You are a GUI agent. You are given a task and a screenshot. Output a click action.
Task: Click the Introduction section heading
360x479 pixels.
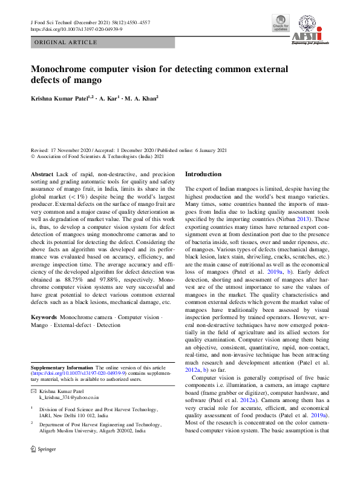[x=203, y=174]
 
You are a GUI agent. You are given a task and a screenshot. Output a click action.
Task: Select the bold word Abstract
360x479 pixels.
[x=42, y=174]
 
